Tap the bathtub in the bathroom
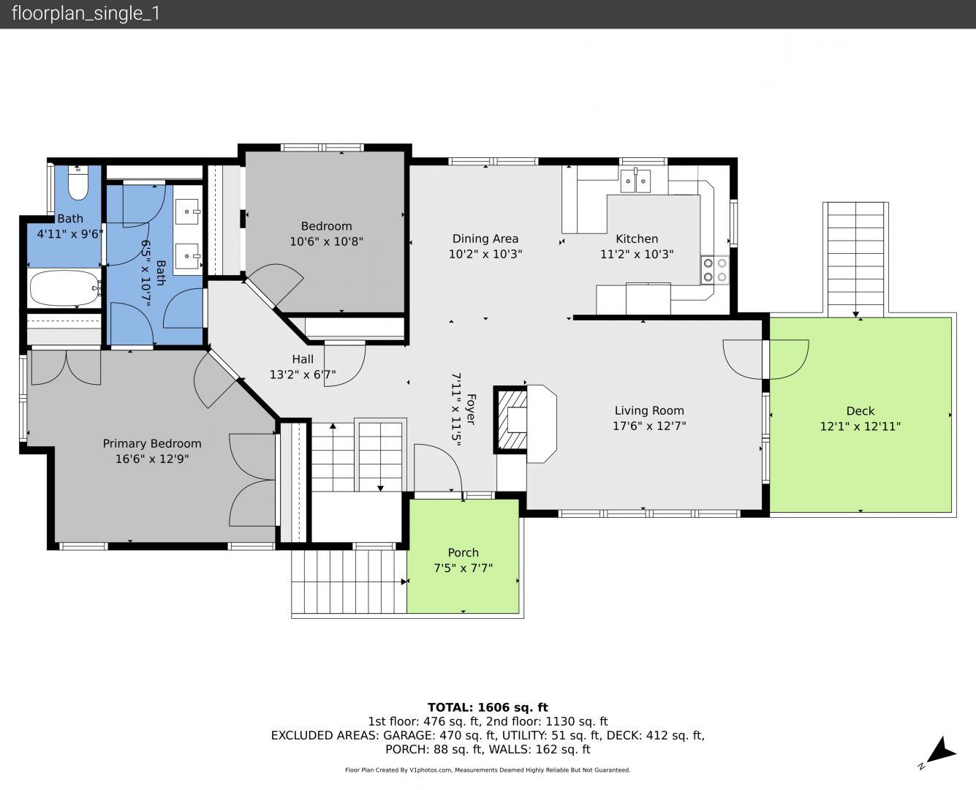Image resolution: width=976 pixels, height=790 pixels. coord(64,288)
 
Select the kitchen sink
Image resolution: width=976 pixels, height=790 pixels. coord(635,181)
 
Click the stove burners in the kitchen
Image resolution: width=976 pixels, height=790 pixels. coord(715,270)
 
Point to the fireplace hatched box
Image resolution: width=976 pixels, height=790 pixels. coord(511,420)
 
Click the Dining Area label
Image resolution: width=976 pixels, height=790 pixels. coord(485,238)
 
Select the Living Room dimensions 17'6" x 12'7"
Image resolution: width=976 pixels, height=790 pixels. coord(649,426)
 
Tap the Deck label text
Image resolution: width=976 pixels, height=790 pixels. coord(860,411)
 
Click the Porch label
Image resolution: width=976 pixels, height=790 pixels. coord(464,552)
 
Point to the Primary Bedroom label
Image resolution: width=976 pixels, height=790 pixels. coord(152,443)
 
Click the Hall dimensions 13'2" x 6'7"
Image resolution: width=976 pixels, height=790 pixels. coord(303,375)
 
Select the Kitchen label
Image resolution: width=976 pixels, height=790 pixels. coord(637,238)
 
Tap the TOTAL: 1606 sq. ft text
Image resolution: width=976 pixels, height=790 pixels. coord(488,707)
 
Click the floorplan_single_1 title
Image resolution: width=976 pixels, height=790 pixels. coord(86,14)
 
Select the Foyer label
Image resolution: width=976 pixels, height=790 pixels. coord(471,409)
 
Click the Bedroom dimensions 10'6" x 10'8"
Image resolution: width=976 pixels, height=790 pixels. coord(326,241)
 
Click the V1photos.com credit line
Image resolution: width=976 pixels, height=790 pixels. coord(488,770)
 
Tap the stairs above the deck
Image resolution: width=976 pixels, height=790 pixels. coord(855,260)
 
